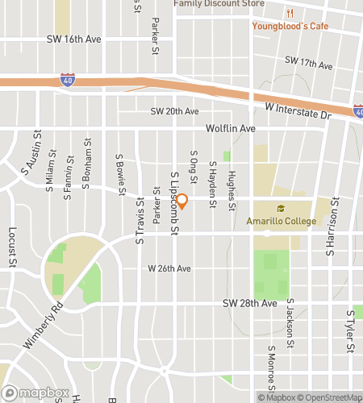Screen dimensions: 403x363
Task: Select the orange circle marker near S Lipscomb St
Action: point(182,201)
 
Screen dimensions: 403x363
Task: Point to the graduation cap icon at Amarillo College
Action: point(283,207)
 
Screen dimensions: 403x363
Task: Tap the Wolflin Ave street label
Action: point(229,128)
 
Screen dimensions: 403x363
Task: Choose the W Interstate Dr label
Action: point(298,111)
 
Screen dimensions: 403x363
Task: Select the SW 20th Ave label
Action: point(173,111)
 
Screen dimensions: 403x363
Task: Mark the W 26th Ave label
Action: point(169,268)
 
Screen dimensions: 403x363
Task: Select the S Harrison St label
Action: point(329,234)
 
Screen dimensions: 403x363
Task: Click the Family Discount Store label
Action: point(219,3)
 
